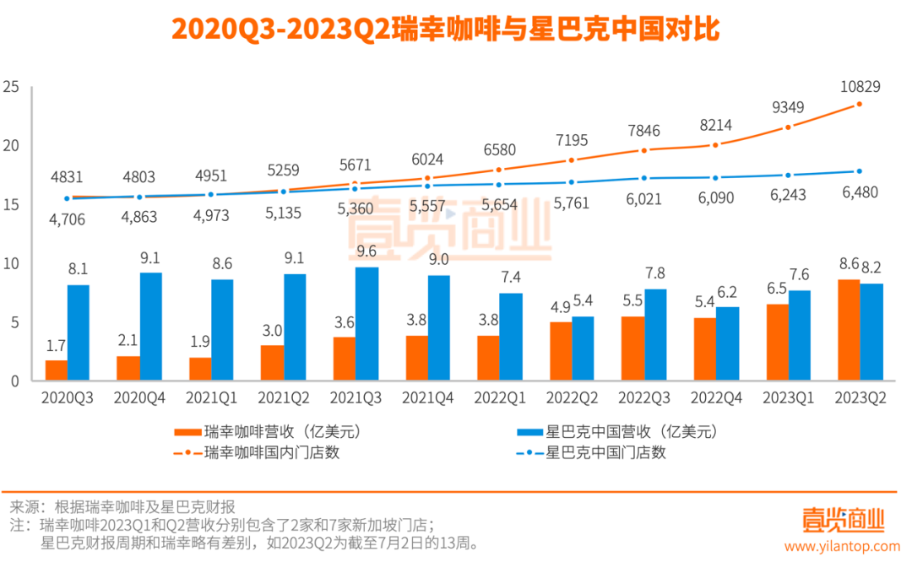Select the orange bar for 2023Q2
click(x=849, y=330)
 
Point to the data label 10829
click(x=859, y=86)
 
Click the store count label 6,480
click(x=859, y=192)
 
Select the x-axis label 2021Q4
click(x=427, y=396)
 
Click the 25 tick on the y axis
click(x=11, y=86)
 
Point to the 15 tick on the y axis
click(x=11, y=204)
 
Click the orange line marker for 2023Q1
click(x=788, y=127)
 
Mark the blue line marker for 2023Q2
click(x=860, y=171)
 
